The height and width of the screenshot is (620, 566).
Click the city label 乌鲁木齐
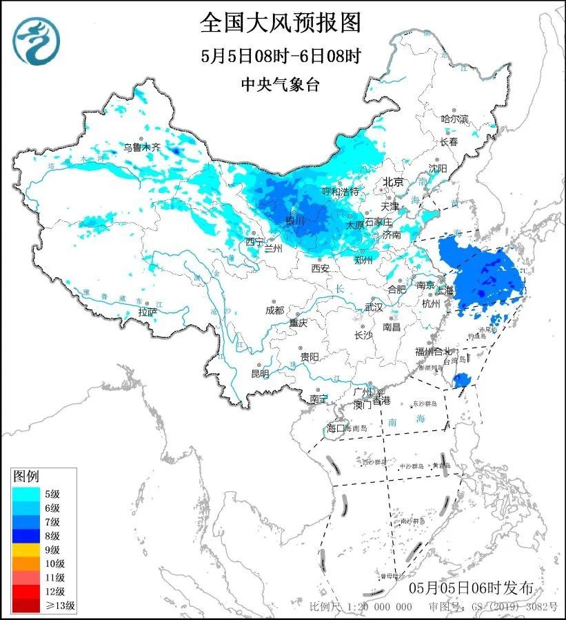click(x=141, y=146)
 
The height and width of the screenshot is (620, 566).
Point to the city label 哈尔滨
click(x=454, y=119)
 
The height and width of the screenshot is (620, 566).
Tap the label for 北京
click(x=393, y=182)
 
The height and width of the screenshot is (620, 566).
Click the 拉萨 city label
click(x=148, y=312)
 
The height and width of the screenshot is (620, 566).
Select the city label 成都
click(x=274, y=310)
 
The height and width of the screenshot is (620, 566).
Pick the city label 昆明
click(x=260, y=373)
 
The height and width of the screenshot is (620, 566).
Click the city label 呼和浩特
click(x=341, y=191)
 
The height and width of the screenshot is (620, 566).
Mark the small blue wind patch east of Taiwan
click(x=463, y=380)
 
